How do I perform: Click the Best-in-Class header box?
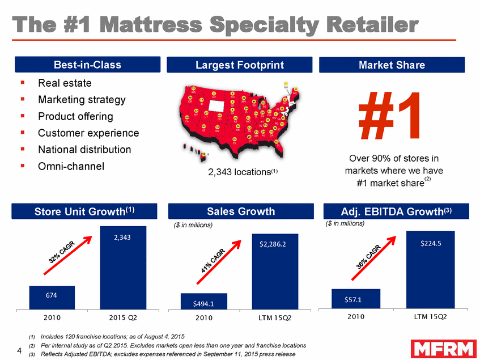(x=87, y=65)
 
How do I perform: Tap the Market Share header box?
(x=392, y=65)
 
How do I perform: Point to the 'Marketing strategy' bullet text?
(x=82, y=100)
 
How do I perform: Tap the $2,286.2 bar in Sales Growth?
(x=275, y=272)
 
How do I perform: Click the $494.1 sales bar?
(x=203, y=302)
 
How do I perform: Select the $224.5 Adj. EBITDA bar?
(x=430, y=270)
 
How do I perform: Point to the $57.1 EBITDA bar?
(x=355, y=299)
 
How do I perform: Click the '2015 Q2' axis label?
(x=122, y=316)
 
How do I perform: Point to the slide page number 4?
(x=19, y=349)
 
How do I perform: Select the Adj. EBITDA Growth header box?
(x=392, y=211)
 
